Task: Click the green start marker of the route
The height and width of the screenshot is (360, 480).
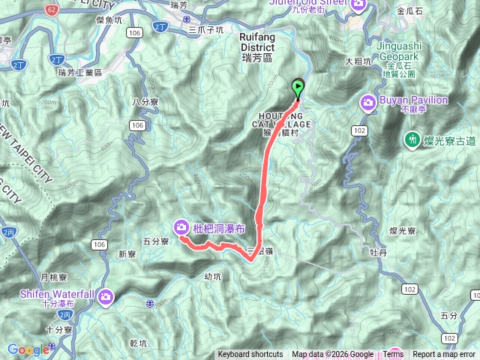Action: click(298, 88)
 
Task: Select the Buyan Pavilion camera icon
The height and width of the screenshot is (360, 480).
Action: click(369, 103)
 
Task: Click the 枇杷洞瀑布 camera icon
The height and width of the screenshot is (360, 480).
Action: click(182, 226)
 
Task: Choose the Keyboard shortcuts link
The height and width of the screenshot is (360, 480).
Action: click(250, 355)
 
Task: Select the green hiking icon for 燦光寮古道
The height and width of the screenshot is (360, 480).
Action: click(412, 139)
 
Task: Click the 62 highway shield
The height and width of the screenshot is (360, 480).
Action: click(50, 11)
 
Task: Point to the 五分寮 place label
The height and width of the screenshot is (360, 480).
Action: click(155, 241)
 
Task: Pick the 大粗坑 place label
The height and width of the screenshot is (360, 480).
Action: click(359, 61)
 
